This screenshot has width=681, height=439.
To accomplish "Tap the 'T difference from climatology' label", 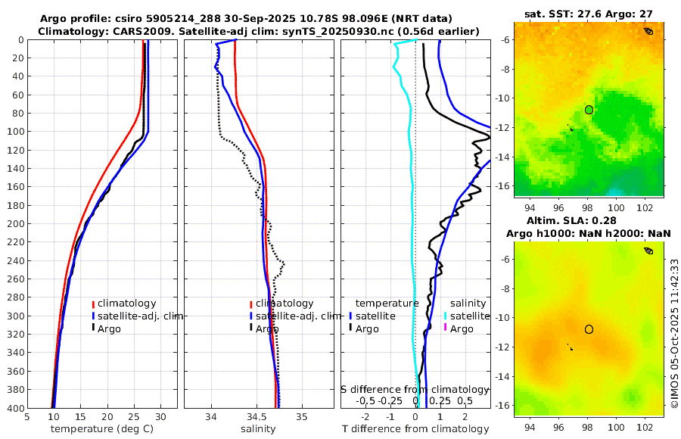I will [416, 429].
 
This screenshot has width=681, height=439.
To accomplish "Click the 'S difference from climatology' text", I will [415, 389].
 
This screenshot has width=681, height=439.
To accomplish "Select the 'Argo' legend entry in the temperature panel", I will [109, 328].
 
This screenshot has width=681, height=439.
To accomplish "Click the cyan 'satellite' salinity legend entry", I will [469, 316].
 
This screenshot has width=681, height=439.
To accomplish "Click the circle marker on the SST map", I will [589, 110].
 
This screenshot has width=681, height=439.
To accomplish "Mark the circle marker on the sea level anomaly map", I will [589, 329].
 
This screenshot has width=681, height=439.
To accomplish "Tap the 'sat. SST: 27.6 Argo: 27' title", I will [589, 14].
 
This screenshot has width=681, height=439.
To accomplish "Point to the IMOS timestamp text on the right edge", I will [674, 334].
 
